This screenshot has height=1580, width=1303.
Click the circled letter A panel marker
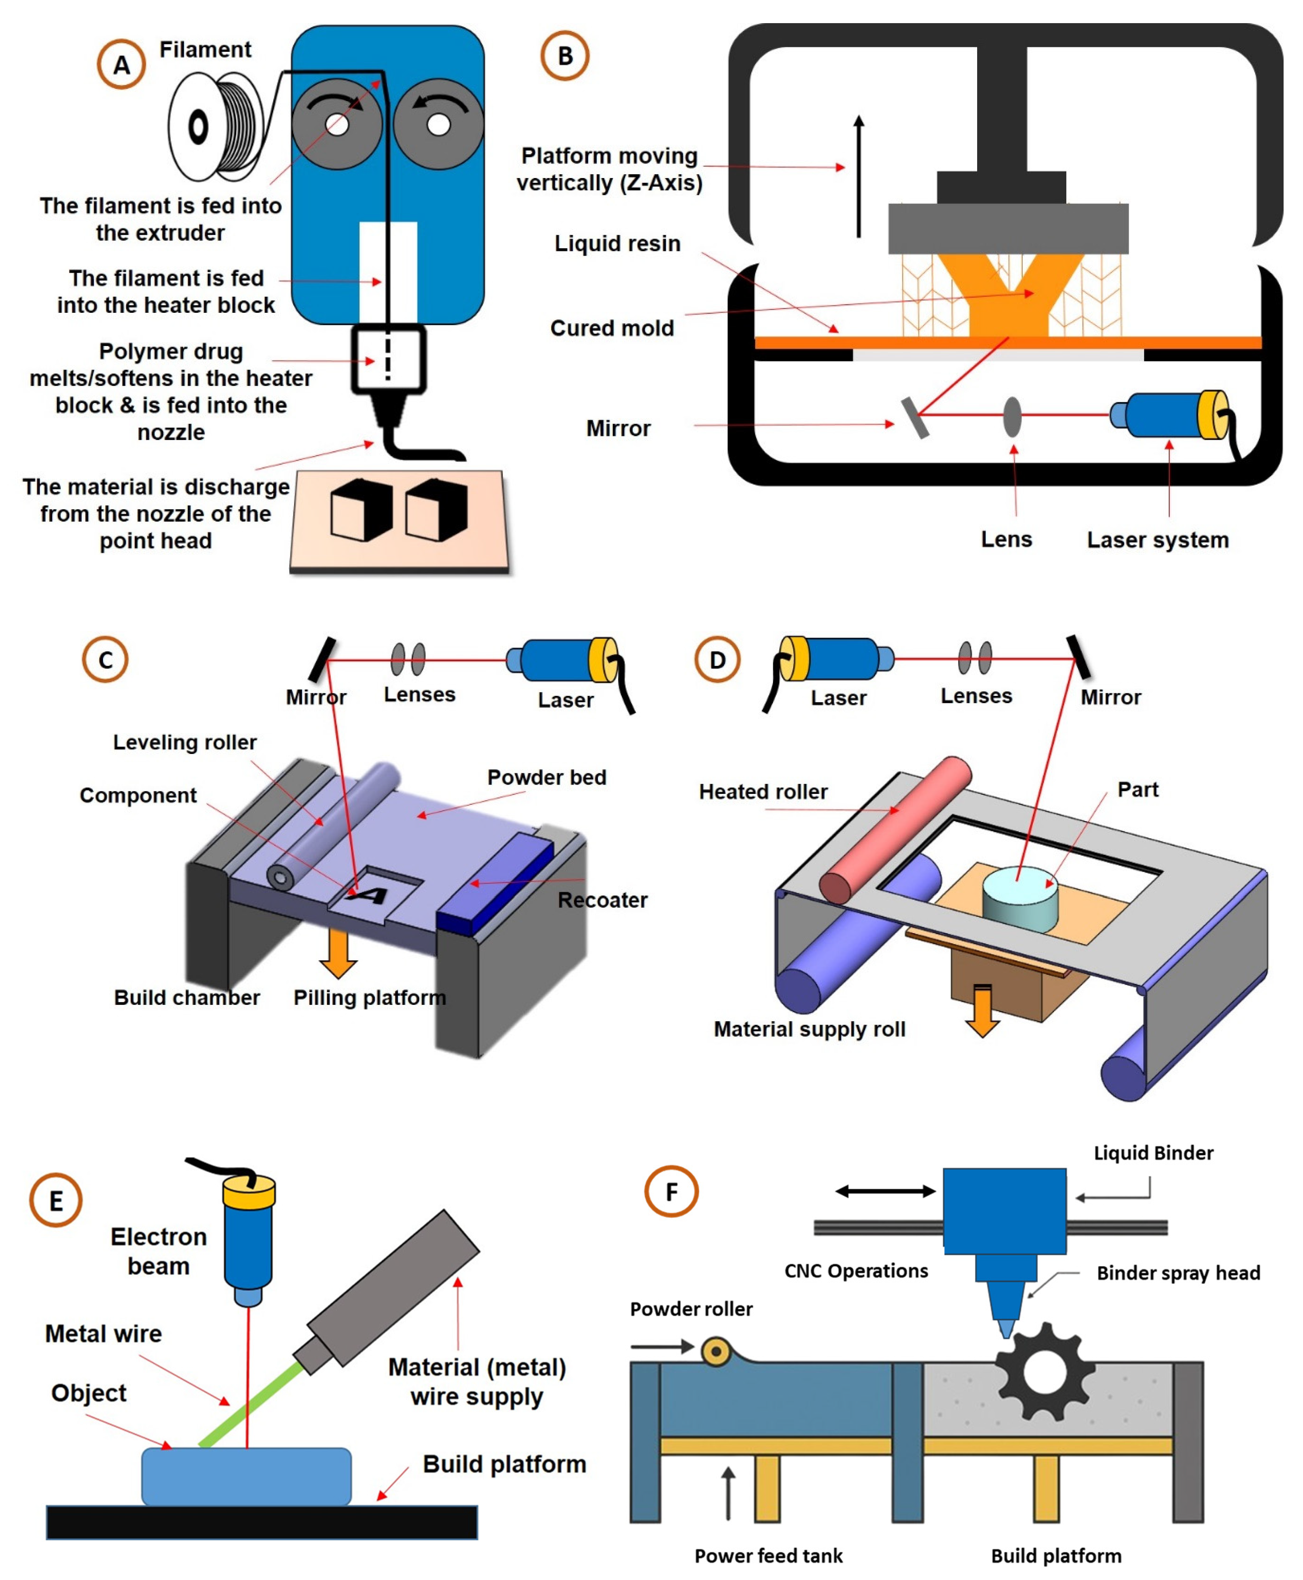(121, 65)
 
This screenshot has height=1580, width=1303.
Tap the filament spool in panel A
(214, 126)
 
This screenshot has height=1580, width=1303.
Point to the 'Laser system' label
(1157, 540)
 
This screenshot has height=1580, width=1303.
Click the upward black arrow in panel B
(859, 177)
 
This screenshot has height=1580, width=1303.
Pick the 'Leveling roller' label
(185, 742)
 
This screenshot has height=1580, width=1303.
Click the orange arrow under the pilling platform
(338, 953)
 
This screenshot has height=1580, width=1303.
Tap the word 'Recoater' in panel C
(602, 900)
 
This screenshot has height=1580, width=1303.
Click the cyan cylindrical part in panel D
(1019, 897)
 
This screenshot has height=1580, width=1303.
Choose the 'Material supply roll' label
(809, 1029)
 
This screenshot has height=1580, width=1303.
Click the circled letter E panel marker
(56, 1199)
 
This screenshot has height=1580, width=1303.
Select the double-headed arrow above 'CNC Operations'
(886, 1191)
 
